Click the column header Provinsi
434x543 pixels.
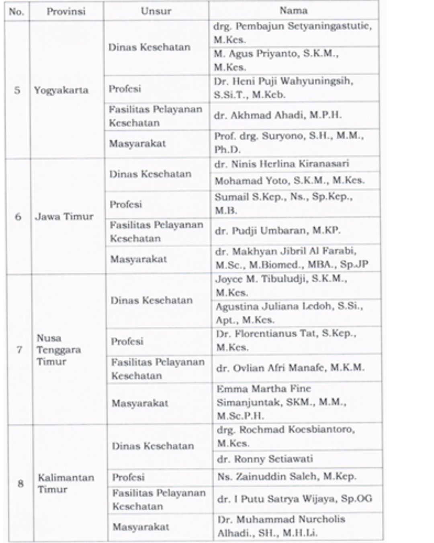tap(66, 11)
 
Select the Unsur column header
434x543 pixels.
tap(156, 11)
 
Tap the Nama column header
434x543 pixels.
tap(293, 10)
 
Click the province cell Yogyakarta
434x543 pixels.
tap(61, 90)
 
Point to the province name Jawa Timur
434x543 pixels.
tap(64, 216)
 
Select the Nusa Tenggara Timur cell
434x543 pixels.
tap(59, 350)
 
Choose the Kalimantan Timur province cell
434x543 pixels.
tap(66, 483)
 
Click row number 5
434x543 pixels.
tap(17, 90)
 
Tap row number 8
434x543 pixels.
tap(20, 483)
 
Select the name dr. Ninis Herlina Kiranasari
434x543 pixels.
tap(282, 164)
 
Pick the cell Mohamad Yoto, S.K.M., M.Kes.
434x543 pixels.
tap(290, 181)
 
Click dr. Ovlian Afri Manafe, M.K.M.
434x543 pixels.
tap(290, 368)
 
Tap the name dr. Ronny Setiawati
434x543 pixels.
tap(265, 459)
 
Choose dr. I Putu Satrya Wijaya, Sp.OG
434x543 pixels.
tap(295, 499)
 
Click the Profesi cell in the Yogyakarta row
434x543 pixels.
tap(125, 88)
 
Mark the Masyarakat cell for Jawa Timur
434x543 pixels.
tap(139, 259)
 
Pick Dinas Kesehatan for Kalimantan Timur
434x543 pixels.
tap(153, 446)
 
